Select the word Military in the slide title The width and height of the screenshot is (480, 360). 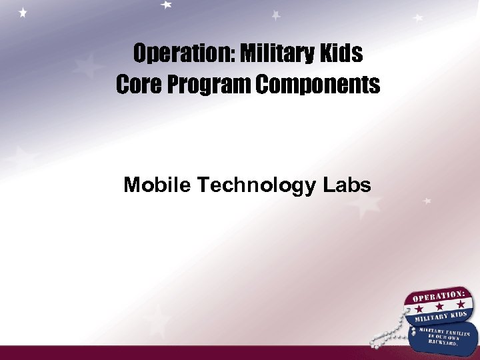270,53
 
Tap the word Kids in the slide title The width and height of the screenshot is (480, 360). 342,53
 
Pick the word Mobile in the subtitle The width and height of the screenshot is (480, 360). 157,185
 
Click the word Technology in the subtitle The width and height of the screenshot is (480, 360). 255,185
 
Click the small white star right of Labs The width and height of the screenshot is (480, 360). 427,200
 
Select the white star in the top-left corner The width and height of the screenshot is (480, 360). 23,13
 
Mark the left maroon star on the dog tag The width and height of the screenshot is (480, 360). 418,310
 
